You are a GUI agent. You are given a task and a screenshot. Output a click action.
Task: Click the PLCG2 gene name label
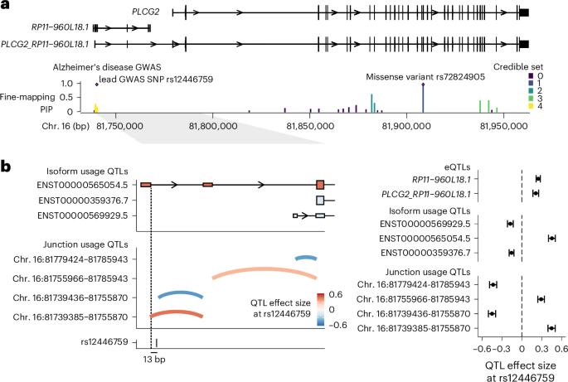pos(146,12)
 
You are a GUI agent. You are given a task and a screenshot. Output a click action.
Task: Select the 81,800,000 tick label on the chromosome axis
pos(213,126)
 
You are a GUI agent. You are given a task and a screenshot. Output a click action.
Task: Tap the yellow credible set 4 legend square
pos(531,106)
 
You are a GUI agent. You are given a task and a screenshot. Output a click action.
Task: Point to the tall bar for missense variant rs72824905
pos(423,98)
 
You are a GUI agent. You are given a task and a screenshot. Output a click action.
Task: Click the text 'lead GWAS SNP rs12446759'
pos(156,80)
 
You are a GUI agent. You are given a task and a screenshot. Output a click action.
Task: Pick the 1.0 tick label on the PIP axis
pos(66,84)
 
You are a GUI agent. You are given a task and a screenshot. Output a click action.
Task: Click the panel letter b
pos(6,167)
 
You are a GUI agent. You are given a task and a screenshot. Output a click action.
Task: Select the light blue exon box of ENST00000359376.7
pos(320,201)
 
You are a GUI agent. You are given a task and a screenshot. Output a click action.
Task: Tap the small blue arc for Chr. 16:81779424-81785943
pos(306,258)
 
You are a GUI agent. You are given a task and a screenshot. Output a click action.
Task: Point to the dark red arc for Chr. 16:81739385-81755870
pos(177,312)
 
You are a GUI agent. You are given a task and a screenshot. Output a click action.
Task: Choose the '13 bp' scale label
pos(154,359)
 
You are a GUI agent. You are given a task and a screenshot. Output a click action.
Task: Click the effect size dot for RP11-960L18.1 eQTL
pos(538,179)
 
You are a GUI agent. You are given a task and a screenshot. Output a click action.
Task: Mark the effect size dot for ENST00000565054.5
pos(551,239)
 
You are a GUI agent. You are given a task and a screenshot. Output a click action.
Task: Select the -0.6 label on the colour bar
pos(337,325)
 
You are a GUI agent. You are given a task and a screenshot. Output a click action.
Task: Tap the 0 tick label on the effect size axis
pos(522,349)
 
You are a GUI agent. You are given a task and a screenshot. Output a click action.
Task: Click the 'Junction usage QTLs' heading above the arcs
pos(85,244)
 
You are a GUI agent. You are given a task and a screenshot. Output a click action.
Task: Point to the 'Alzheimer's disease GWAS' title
pos(107,67)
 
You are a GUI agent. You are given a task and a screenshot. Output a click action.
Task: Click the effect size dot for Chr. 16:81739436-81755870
pos(492,313)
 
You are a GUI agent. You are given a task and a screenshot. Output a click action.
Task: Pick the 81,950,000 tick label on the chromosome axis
pos(504,126)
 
